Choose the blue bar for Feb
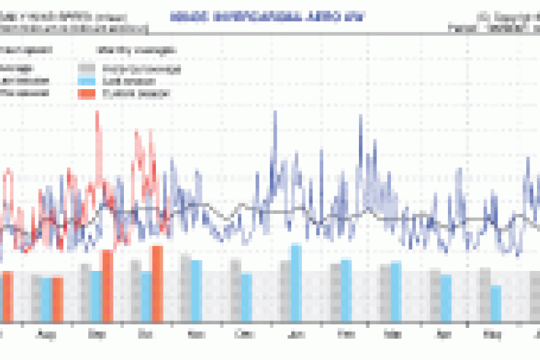coord(346,289)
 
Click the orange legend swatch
coord(87,93)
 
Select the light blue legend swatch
coord(87,81)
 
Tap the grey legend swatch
coord(87,68)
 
